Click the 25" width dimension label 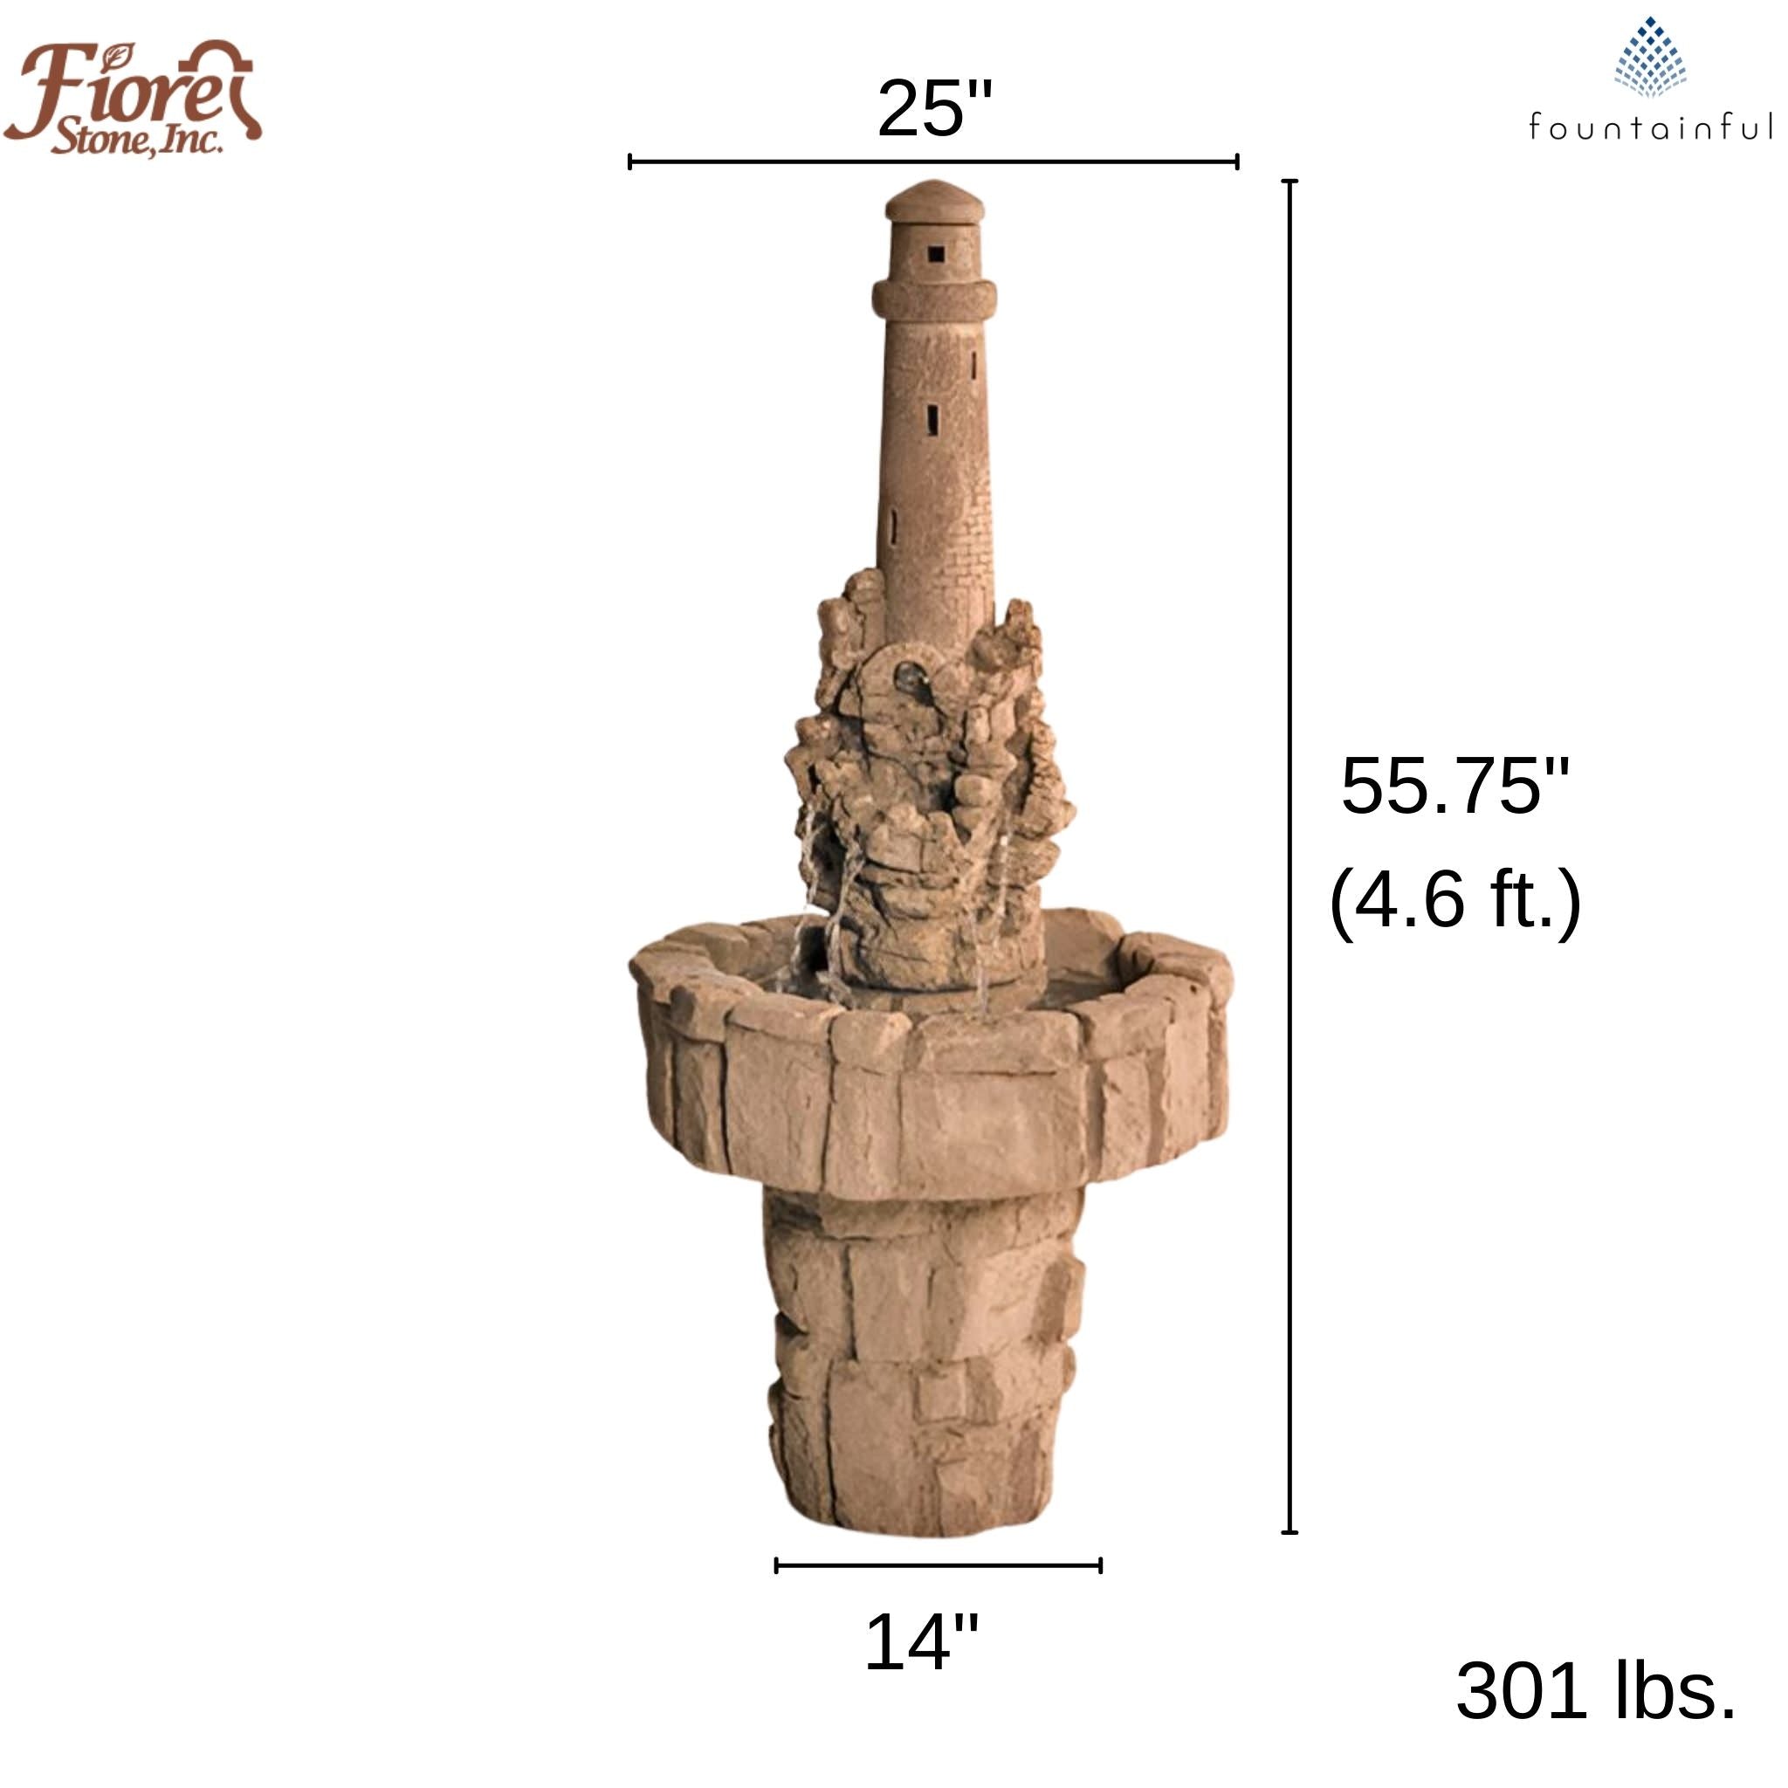935,109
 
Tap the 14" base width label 921,1643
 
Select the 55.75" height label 1454,787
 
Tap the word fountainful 1651,127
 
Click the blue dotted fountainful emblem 1650,58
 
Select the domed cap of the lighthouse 933,202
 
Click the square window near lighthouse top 936,253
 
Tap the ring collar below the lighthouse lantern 934,298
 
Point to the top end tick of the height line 1289,182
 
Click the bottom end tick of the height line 1289,1532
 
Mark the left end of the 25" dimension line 630,162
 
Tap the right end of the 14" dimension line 1099,1566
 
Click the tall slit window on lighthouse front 933,418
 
